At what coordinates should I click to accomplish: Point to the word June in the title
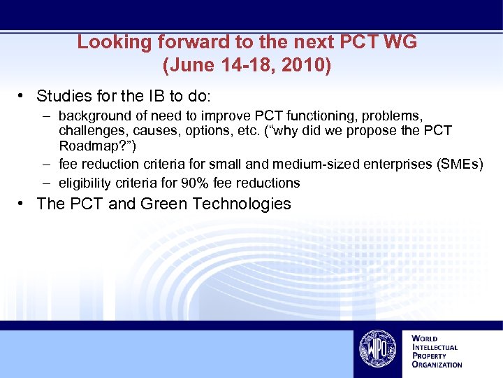point(186,66)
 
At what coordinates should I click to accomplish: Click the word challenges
point(89,131)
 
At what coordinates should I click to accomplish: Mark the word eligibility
point(83,183)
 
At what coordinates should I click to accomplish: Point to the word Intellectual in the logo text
point(436,347)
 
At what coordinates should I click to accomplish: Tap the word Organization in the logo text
point(437,365)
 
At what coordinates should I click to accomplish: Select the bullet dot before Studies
point(23,96)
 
